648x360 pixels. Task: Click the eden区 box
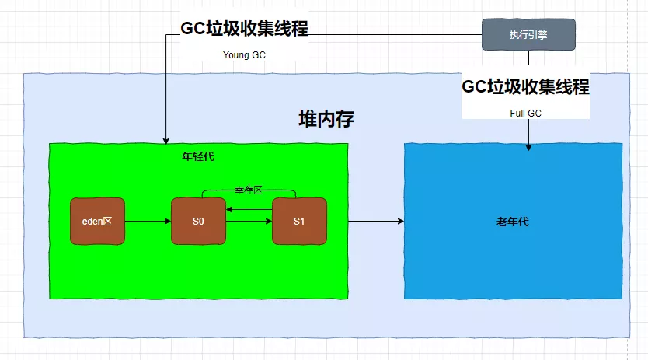pyautogui.click(x=97, y=222)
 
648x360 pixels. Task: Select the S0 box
pyautogui.click(x=198, y=222)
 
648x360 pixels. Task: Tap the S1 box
pyautogui.click(x=299, y=222)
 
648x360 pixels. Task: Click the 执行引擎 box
pyautogui.click(x=528, y=34)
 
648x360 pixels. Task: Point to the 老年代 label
pyautogui.click(x=513, y=222)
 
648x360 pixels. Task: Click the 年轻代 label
pyautogui.click(x=198, y=156)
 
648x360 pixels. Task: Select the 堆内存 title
pyautogui.click(x=326, y=119)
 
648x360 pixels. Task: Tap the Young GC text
pyautogui.click(x=245, y=54)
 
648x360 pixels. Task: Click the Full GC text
pyautogui.click(x=525, y=113)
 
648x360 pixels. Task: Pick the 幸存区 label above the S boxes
pyautogui.click(x=249, y=190)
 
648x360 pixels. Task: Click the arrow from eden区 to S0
pyautogui.click(x=148, y=222)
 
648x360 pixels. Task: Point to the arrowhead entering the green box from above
pyautogui.click(x=165, y=139)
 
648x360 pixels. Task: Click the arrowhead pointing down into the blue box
pyautogui.click(x=528, y=145)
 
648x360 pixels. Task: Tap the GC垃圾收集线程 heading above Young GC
pyautogui.click(x=245, y=29)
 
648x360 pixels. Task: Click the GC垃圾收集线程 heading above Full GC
pyautogui.click(x=525, y=86)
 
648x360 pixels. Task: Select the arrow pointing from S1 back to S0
pyautogui.click(x=249, y=209)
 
